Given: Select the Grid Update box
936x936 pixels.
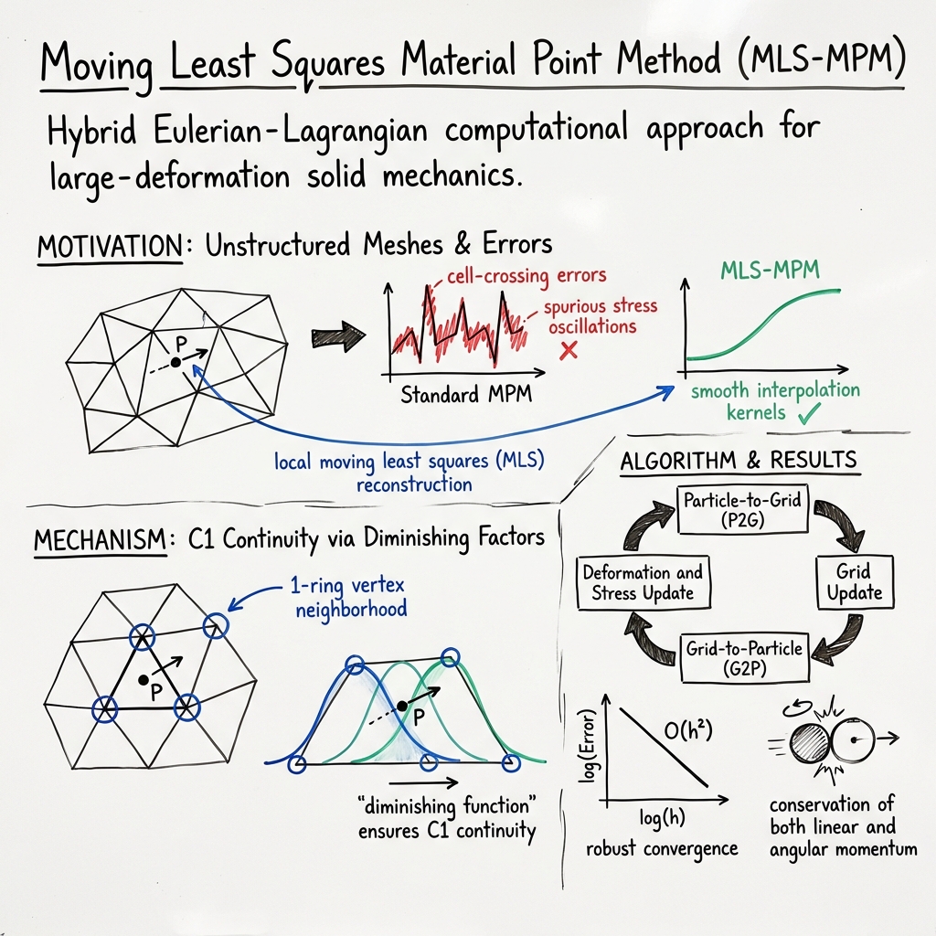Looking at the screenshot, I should [855, 582].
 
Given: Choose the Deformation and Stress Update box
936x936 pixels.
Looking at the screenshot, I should [643, 582].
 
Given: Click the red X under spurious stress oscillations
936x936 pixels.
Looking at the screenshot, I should [568, 349].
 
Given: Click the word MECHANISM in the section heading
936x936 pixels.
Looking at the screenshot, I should [101, 538].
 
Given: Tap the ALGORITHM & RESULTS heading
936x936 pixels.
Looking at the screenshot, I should [739, 460].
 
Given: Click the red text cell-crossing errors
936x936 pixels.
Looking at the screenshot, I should [526, 274].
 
